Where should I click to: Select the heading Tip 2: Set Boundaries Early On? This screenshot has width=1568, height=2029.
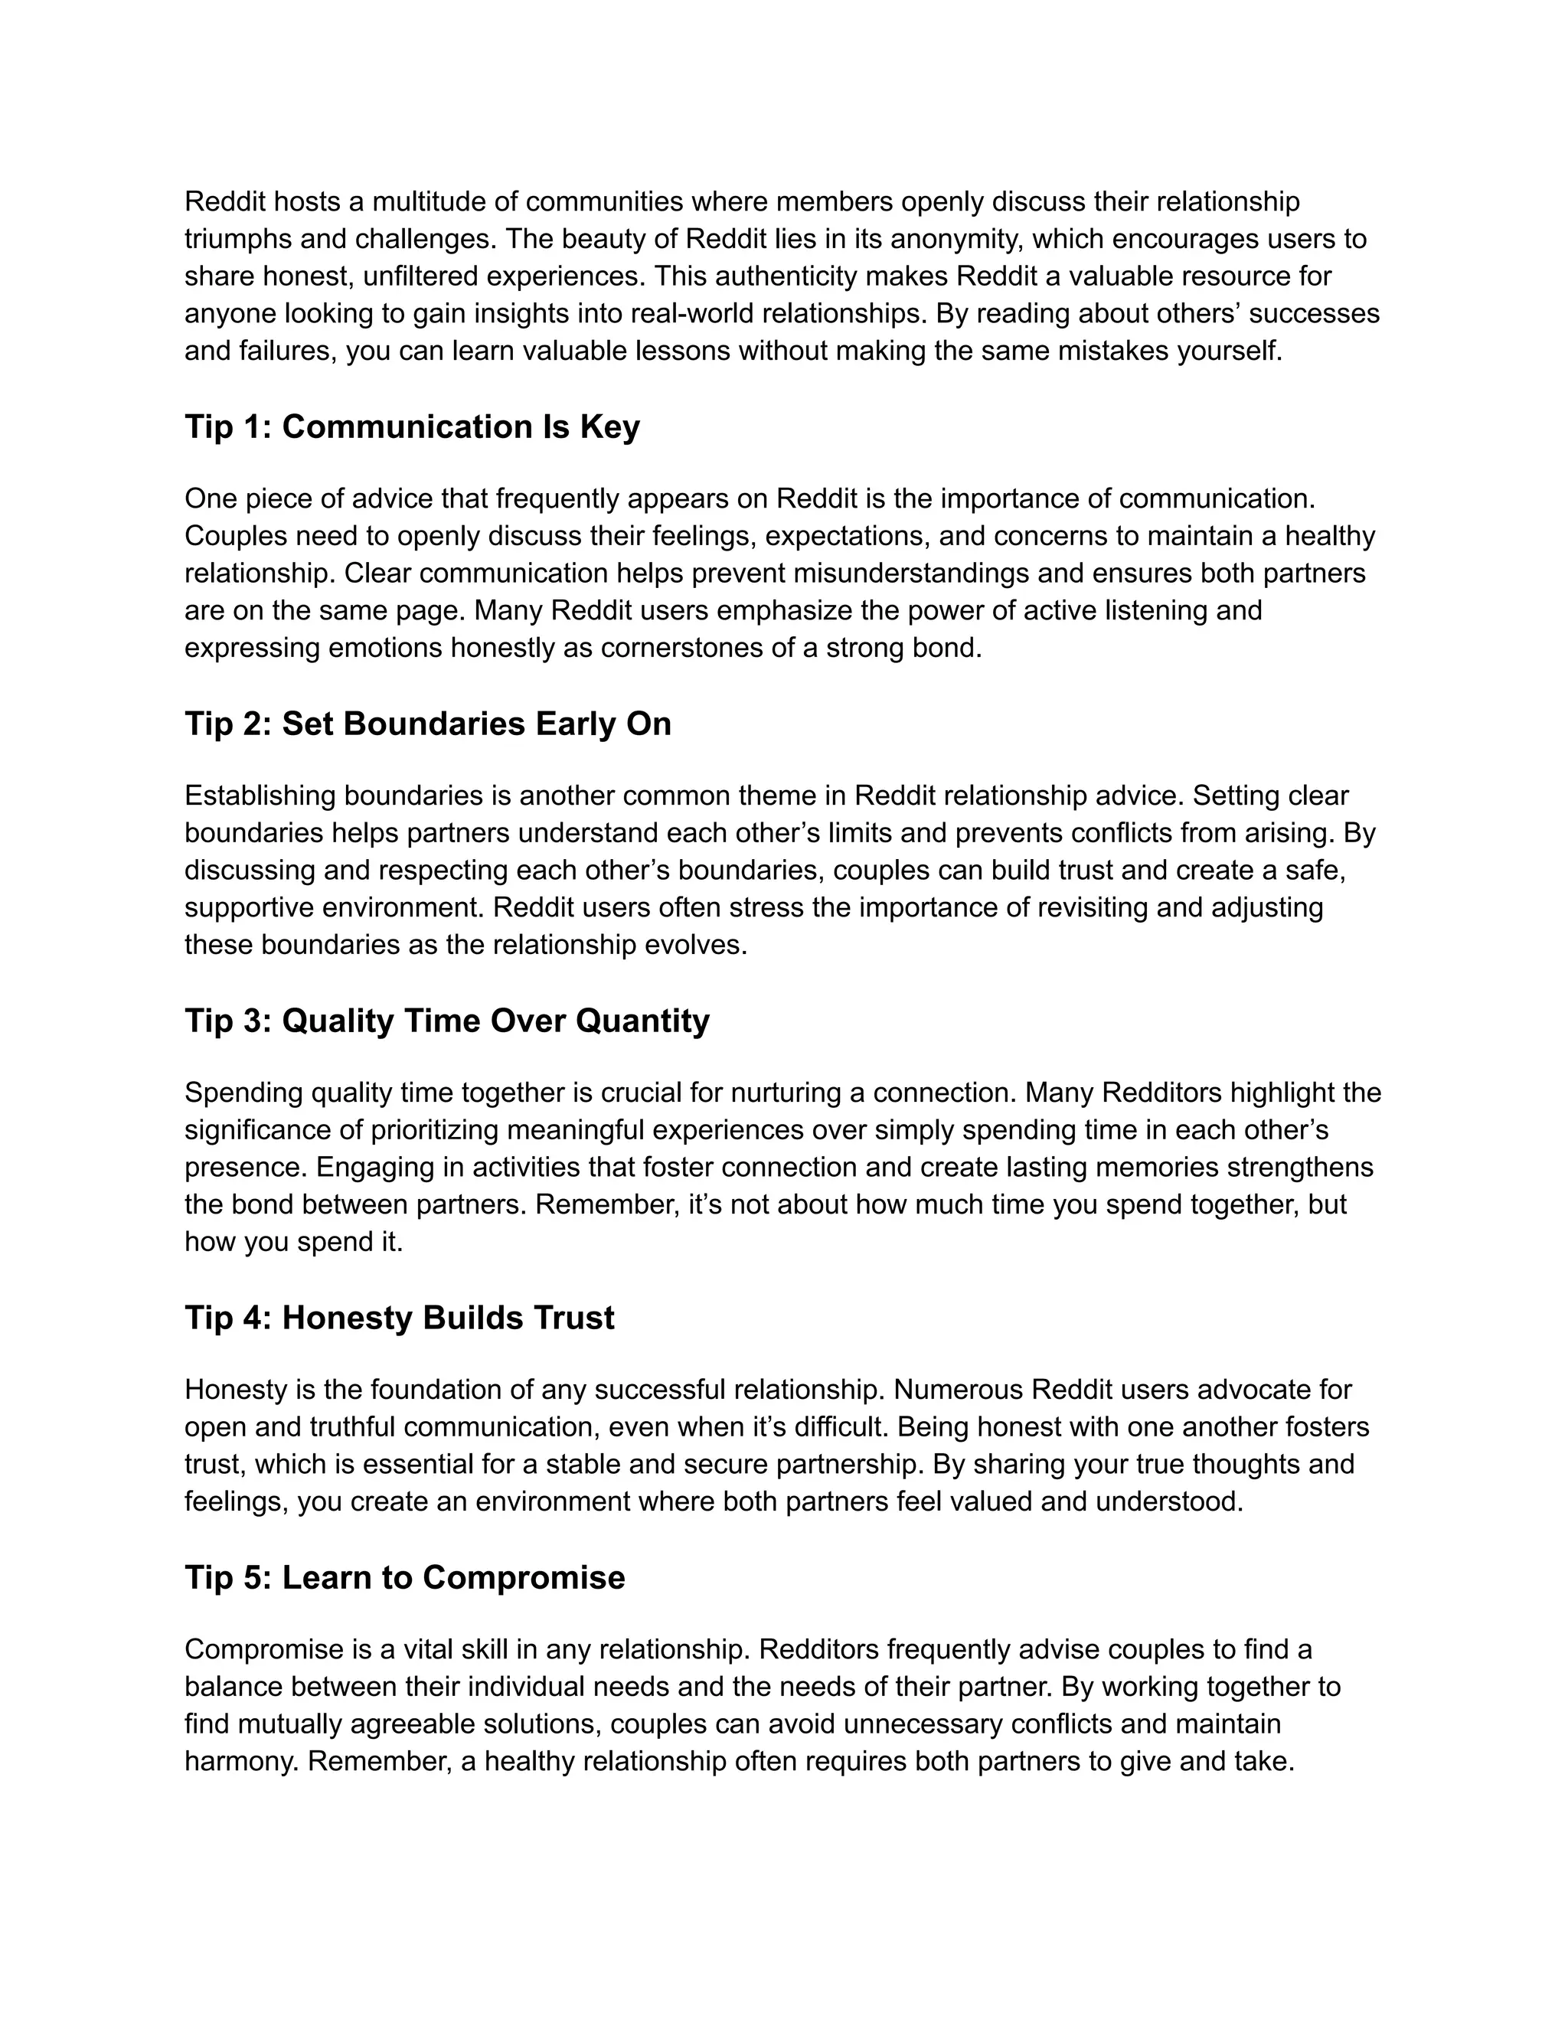[427, 724]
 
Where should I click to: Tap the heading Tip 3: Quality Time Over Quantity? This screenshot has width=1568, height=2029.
[447, 1020]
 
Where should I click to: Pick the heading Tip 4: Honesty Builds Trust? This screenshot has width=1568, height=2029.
[400, 1318]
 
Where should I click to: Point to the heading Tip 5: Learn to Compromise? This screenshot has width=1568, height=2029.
[404, 1577]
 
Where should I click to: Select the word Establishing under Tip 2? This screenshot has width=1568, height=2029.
[260, 796]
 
